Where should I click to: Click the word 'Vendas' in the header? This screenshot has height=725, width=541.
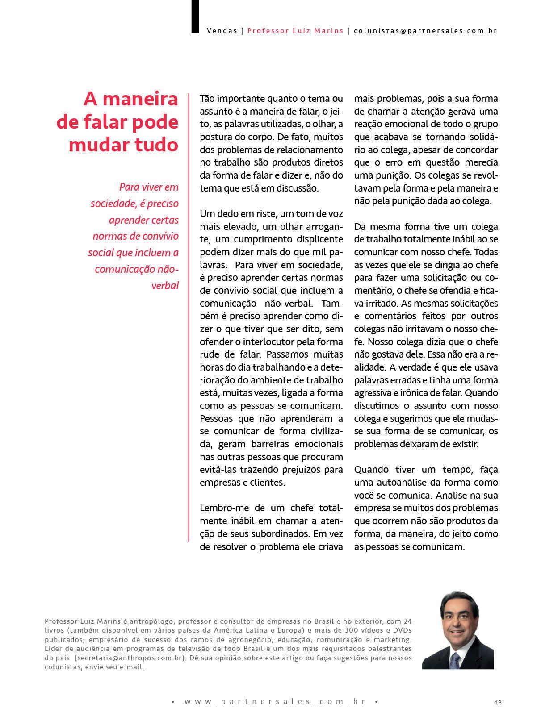[222, 31]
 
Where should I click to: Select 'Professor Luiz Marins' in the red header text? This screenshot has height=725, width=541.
[295, 31]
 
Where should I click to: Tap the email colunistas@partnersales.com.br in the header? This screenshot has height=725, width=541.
[425, 31]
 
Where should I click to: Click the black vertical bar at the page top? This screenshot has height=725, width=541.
[195, 16]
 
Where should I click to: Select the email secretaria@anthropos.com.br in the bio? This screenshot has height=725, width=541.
[129, 658]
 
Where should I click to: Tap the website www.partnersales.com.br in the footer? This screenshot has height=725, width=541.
[275, 702]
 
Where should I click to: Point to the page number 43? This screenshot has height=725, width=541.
[498, 702]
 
